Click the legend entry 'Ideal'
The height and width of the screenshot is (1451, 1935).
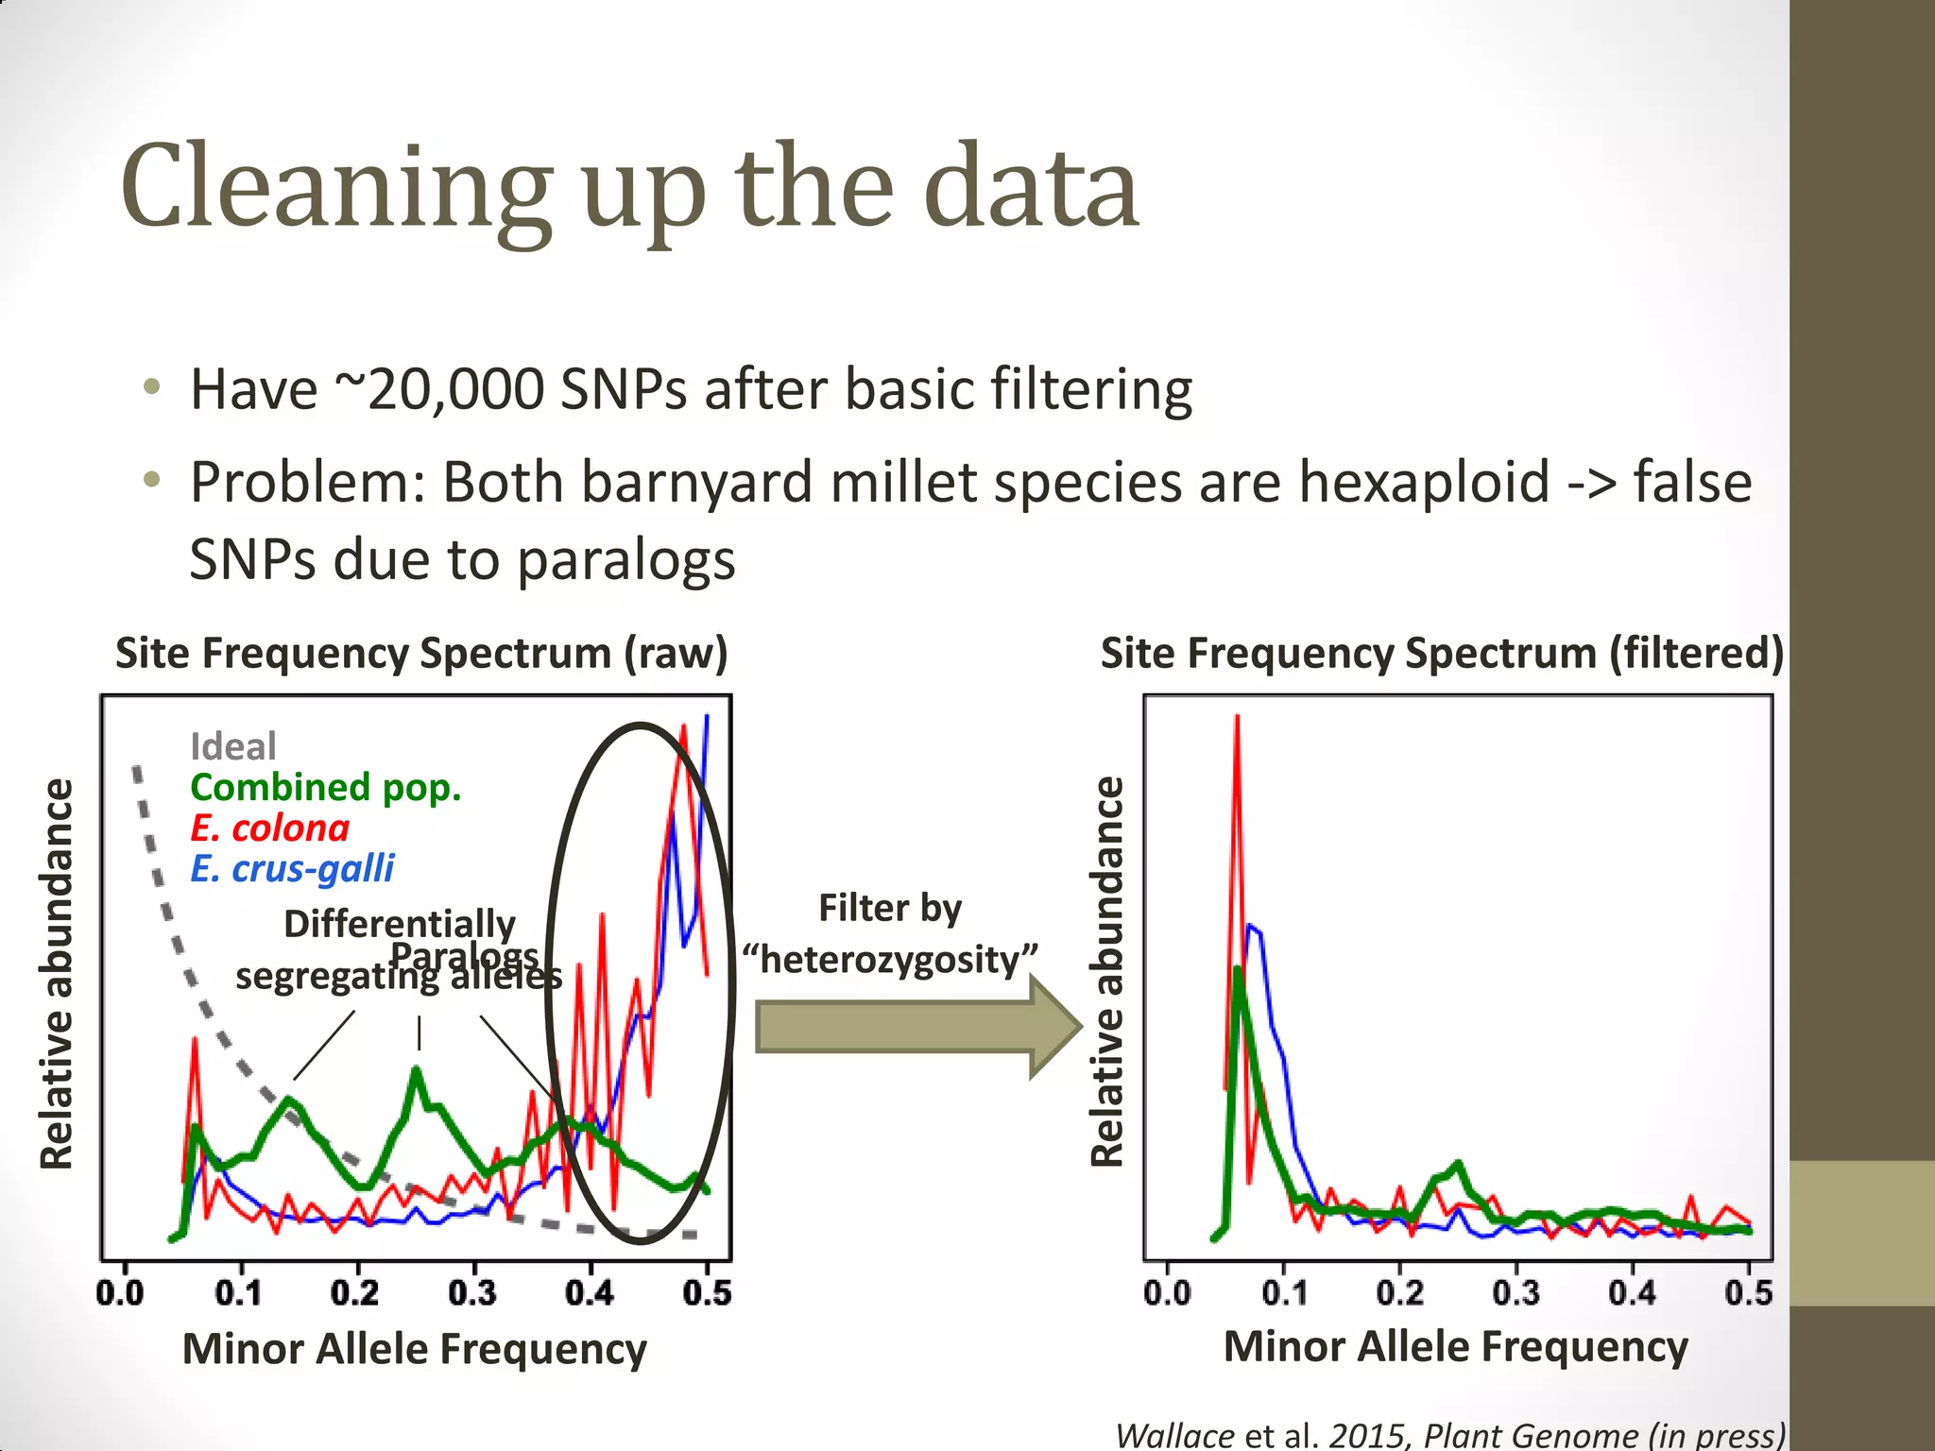(232, 746)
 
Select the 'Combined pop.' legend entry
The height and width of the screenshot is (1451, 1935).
(325, 787)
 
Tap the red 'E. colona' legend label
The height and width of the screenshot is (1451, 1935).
(269, 828)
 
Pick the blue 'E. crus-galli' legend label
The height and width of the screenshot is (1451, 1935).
(292, 868)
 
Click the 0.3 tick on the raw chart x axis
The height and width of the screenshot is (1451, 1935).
(472, 1291)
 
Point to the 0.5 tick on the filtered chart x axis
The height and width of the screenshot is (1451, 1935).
(1748, 1291)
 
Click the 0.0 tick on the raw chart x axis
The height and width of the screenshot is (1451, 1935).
(121, 1291)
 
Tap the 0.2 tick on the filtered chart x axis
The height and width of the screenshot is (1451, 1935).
(1399, 1291)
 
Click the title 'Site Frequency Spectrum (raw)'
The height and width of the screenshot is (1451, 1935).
(421, 653)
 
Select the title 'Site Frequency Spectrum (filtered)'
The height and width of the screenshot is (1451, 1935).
(1442, 653)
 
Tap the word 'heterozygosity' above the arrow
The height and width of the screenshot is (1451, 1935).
(890, 960)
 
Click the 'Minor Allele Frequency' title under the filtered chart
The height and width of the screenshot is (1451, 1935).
(1455, 1346)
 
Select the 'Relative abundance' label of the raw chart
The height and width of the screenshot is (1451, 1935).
(57, 973)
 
